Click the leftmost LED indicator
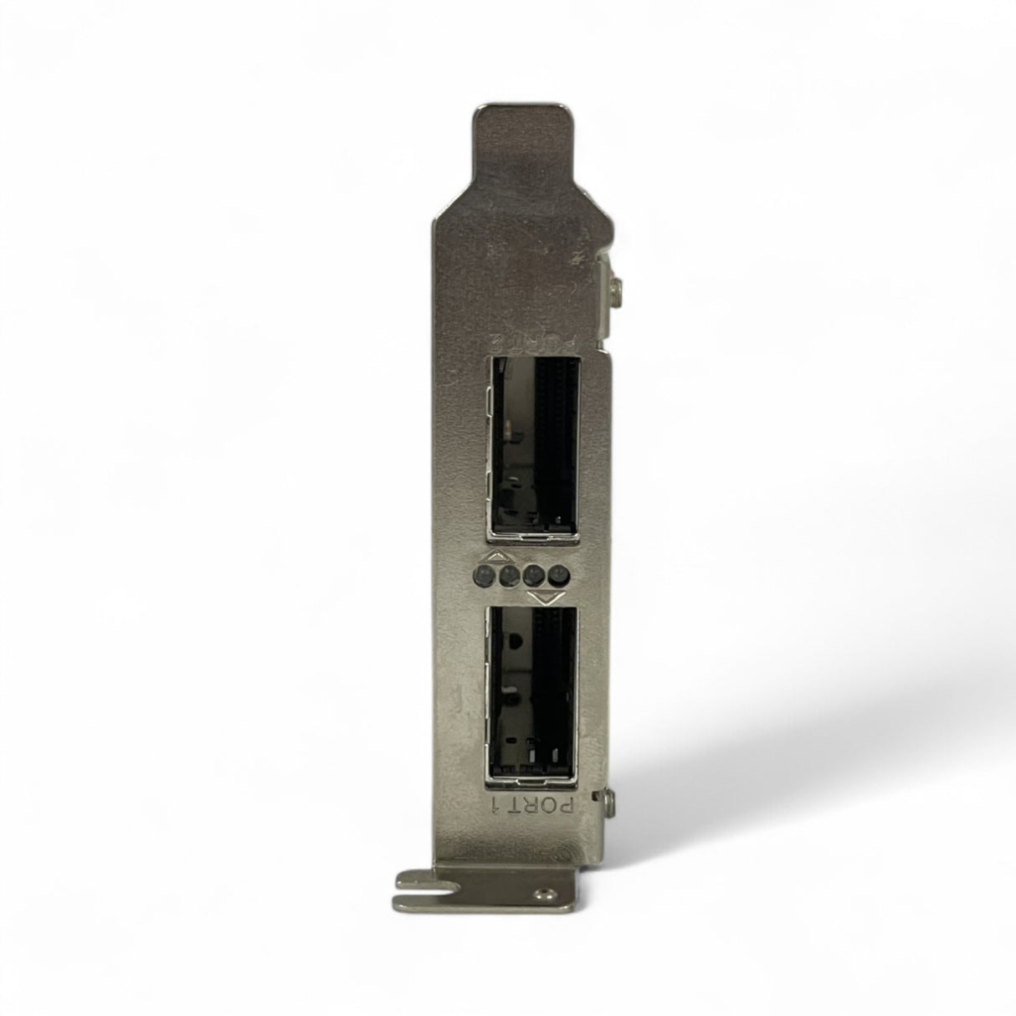coord(483,576)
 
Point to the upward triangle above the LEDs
coord(496,557)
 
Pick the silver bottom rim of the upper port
coord(531,531)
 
